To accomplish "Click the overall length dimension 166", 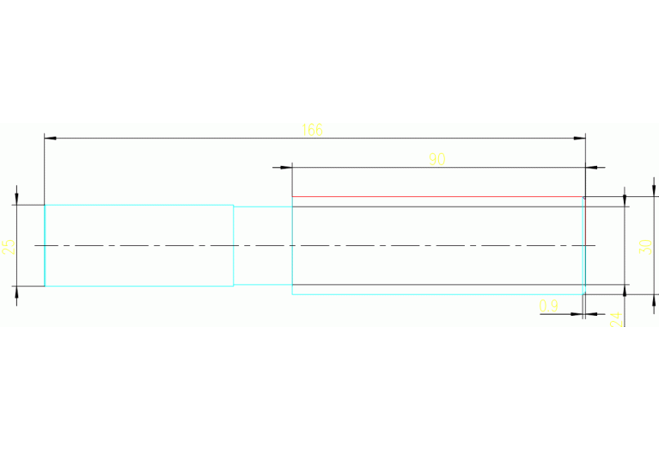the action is coord(312,130).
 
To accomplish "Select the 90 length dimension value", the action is coord(437,158).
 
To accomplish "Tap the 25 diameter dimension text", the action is coord(8,247).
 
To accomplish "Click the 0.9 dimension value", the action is coord(548,305).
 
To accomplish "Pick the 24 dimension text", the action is coord(613,319).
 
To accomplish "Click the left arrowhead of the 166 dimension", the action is coord(50,137).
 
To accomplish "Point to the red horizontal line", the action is coord(437,197).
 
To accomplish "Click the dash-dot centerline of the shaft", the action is coord(172,246).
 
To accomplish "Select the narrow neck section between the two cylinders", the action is coord(263,245).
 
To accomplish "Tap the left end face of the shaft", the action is coord(45,245).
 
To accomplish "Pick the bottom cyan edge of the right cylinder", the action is coord(437,294).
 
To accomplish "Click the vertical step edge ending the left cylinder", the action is coord(234,245).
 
